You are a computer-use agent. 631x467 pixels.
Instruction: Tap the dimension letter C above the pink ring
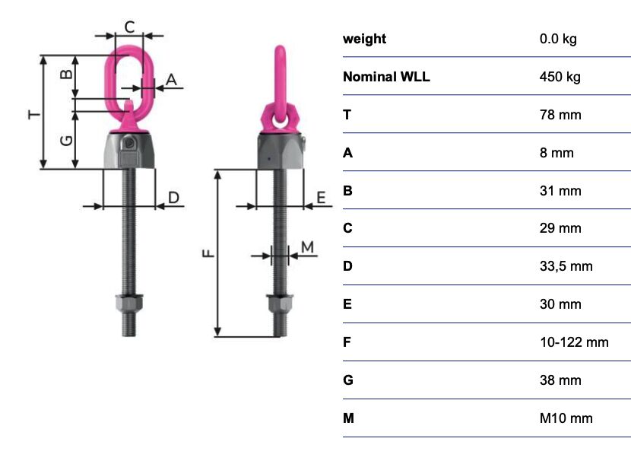click(129, 27)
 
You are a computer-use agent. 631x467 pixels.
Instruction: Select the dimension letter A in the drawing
click(171, 78)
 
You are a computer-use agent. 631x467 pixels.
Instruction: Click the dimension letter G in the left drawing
click(66, 140)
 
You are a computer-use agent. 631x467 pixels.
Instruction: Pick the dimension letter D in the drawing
click(173, 198)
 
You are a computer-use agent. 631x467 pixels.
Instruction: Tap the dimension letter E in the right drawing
click(320, 198)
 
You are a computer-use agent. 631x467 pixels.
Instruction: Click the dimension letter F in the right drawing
click(208, 253)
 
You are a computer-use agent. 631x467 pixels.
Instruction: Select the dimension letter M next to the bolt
click(307, 246)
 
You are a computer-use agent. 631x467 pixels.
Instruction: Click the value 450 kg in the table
click(560, 77)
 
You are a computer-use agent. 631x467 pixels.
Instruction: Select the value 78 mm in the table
click(560, 115)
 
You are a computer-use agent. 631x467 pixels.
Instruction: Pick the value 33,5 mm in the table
click(566, 266)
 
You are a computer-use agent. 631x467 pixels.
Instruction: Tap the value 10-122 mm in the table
click(574, 342)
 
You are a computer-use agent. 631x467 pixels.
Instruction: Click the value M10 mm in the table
click(566, 418)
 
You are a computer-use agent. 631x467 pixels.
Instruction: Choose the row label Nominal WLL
click(386, 77)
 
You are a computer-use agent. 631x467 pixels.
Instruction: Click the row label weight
click(364, 39)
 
